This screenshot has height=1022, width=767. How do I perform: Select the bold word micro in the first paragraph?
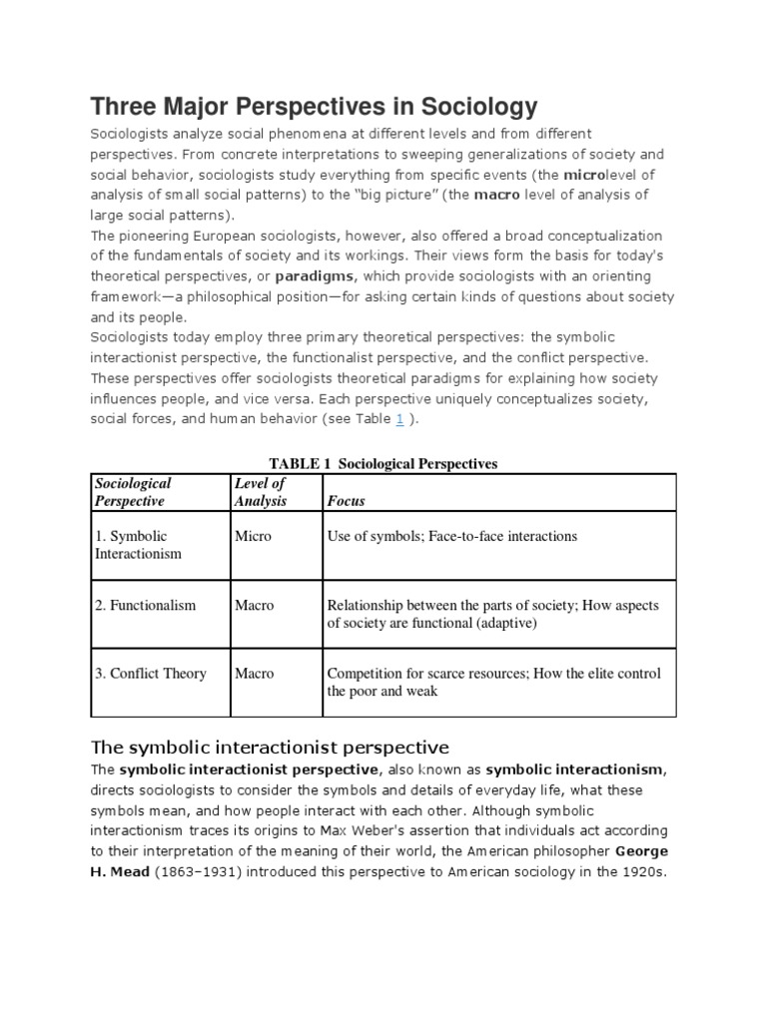[583, 175]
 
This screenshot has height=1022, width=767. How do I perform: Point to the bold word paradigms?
[317, 275]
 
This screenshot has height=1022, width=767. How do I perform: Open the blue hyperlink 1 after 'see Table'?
[399, 419]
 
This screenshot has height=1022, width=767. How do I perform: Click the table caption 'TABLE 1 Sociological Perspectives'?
[383, 464]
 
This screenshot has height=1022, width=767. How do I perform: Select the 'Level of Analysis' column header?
[260, 492]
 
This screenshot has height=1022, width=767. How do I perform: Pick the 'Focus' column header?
[347, 501]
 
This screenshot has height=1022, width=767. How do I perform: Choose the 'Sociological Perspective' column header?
[132, 492]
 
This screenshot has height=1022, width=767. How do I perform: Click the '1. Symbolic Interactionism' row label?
[139, 545]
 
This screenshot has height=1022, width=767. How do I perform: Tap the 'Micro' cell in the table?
[253, 536]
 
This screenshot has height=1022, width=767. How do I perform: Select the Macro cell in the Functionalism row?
[254, 605]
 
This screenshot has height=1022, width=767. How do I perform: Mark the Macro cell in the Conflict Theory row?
[254, 674]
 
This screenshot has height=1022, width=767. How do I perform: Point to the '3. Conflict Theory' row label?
[151, 674]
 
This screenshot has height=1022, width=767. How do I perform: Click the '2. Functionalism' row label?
[146, 605]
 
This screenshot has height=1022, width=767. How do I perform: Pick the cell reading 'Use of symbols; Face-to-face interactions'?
[452, 536]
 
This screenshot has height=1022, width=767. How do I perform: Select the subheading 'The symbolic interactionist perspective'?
[270, 747]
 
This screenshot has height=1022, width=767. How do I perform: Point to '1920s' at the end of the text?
[640, 871]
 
